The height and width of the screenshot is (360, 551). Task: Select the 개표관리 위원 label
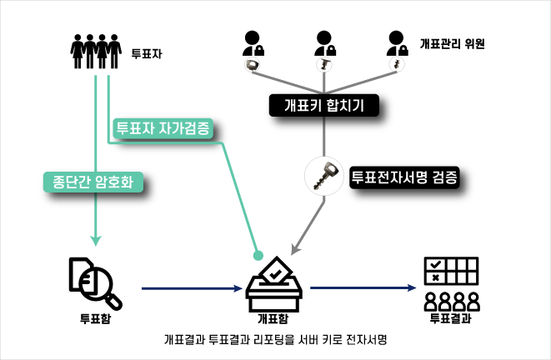coord(453,43)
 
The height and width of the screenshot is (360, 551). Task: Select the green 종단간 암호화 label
coord(93,182)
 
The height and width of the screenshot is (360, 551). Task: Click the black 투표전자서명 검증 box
coord(405,177)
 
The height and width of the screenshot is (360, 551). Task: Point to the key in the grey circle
coord(322,176)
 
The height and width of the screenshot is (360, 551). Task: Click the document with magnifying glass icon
coord(93,282)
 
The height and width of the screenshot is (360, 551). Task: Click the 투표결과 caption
coord(451,318)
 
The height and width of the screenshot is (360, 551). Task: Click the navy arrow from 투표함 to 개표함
coord(192,289)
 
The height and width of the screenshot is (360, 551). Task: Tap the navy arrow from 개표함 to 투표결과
coord(363,289)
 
